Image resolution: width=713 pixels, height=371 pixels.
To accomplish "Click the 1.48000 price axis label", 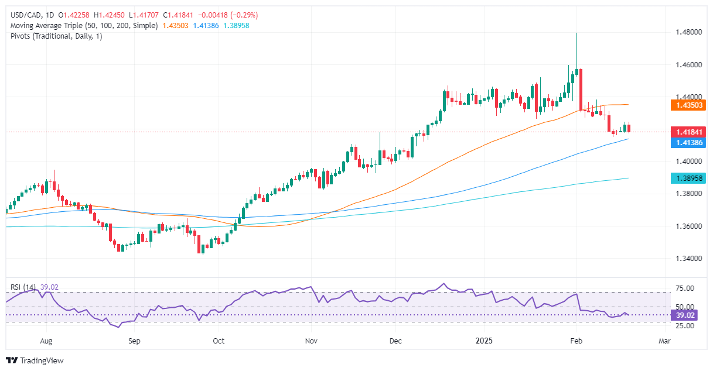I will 687,32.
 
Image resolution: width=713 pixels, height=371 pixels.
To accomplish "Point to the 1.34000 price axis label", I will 687,258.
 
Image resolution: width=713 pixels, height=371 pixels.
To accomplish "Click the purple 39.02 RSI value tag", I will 683,315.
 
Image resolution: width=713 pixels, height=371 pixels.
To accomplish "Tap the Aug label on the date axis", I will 47,340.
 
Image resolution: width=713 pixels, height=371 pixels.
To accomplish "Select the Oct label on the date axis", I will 219,340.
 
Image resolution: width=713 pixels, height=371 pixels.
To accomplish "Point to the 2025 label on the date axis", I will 484,340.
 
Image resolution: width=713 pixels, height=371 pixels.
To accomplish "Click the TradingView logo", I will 35,360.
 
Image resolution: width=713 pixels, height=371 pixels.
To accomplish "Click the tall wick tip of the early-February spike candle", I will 576,33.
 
